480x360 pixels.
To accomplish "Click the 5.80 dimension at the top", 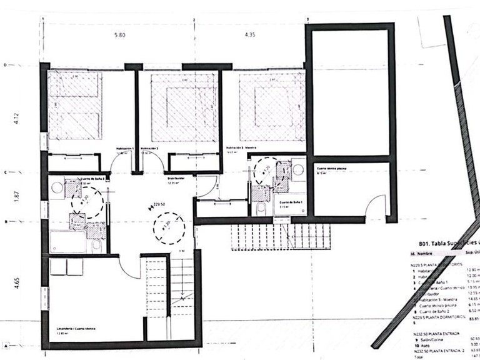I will coord(119,36).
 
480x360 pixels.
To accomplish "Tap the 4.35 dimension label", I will coord(252,36).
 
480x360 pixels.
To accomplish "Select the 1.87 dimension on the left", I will coord(17,196).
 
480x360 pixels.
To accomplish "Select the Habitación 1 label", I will coord(125,148).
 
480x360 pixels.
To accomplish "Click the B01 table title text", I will coord(441,243).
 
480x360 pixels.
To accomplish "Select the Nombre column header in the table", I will coord(425,255).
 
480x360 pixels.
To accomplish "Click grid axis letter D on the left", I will coord(5,64).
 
